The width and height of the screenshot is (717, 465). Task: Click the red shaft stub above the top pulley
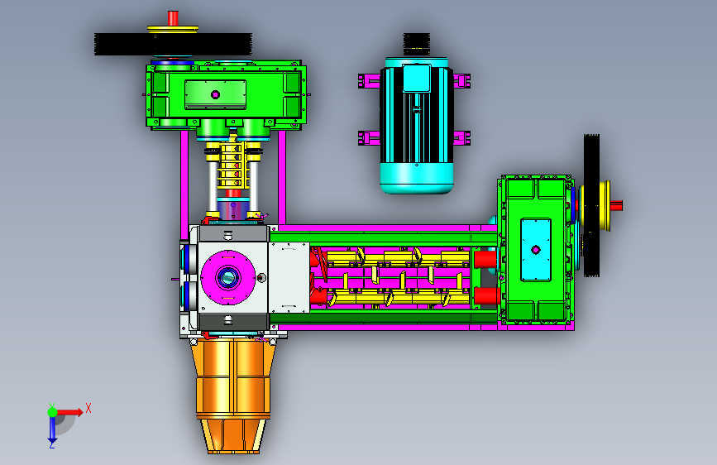(173, 18)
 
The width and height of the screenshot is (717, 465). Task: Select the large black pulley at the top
(173, 45)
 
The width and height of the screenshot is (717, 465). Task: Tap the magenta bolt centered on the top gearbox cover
(215, 95)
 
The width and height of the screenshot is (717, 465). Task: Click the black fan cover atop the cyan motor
(416, 45)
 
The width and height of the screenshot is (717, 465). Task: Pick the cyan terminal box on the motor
(417, 79)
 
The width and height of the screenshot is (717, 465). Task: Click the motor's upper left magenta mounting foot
(369, 81)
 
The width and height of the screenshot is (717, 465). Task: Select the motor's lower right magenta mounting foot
(461, 137)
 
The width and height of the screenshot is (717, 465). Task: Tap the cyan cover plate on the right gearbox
(535, 250)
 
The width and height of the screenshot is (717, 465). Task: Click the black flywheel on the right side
(591, 205)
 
